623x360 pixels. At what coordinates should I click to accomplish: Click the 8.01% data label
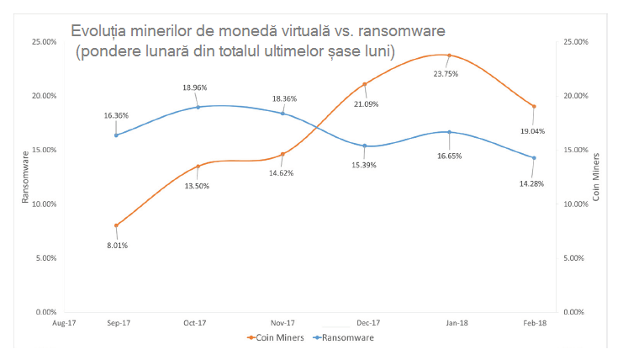pyautogui.click(x=116, y=246)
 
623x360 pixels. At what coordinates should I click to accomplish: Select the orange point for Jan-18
pyautogui.click(x=450, y=56)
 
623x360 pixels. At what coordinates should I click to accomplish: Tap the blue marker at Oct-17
pyautogui.click(x=198, y=107)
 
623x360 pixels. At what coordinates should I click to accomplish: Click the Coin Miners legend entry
pyautogui.click(x=278, y=337)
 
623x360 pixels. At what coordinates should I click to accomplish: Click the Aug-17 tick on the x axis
pyautogui.click(x=64, y=321)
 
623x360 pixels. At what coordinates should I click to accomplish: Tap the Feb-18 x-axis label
pyautogui.click(x=533, y=321)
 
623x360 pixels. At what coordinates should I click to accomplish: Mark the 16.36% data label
pyautogui.click(x=116, y=117)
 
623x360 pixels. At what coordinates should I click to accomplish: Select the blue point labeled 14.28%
pyautogui.click(x=534, y=157)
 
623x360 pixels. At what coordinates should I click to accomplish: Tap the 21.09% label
pyautogui.click(x=365, y=104)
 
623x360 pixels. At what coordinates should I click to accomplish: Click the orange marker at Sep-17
pyautogui.click(x=116, y=225)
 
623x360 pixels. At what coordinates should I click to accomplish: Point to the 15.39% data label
pyautogui.click(x=364, y=165)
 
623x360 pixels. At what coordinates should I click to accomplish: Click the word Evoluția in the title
pyautogui.click(x=102, y=31)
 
